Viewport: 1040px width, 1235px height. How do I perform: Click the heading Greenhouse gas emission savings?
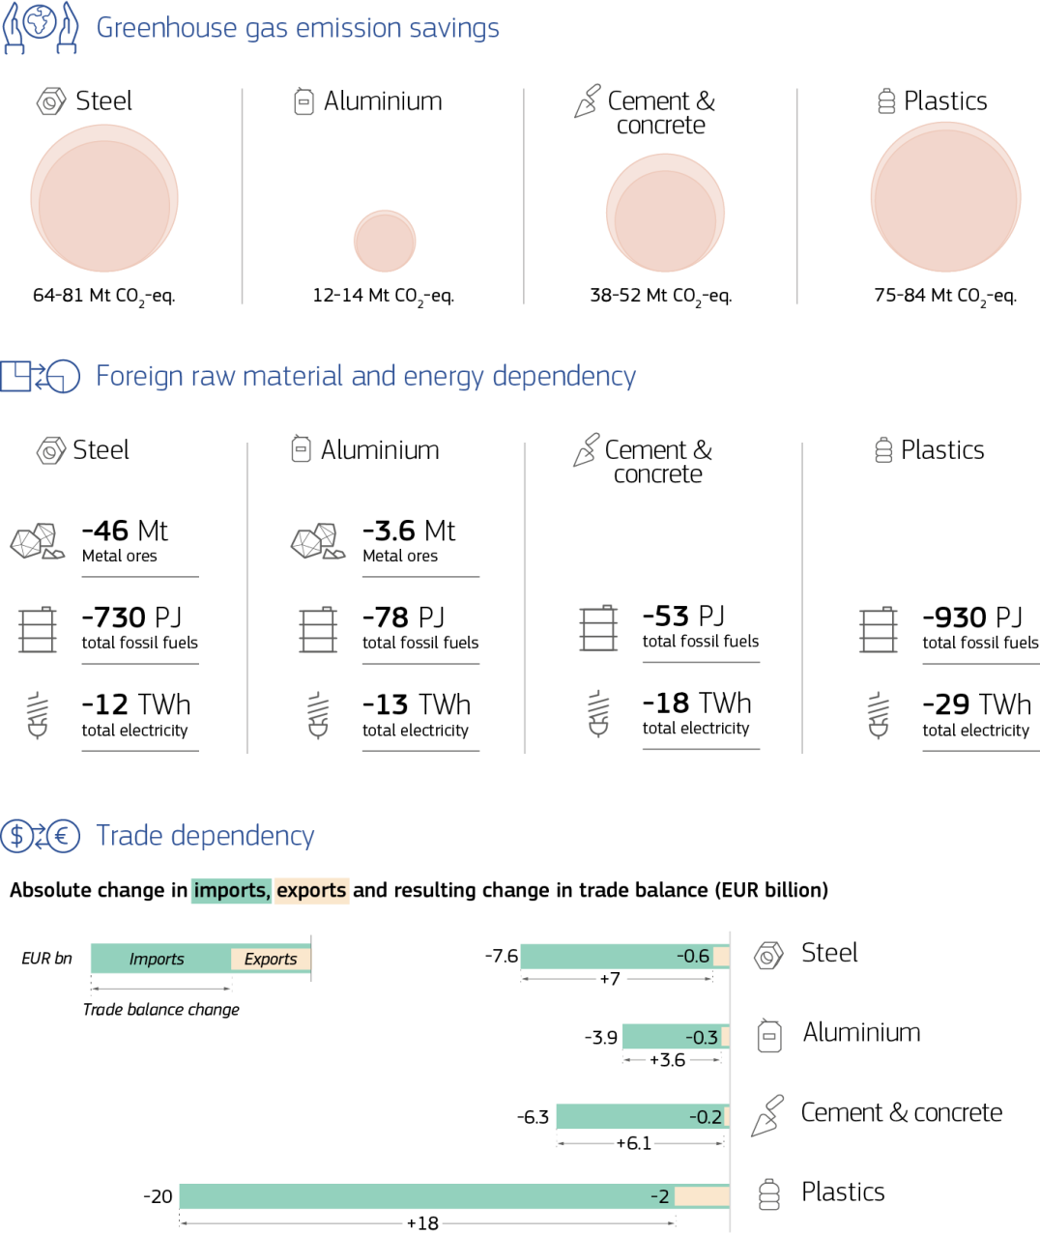click(x=298, y=28)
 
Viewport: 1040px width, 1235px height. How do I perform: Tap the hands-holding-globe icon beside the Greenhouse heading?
click(x=40, y=28)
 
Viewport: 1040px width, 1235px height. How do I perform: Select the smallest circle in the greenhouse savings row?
click(x=385, y=241)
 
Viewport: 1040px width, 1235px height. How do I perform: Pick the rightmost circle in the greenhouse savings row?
click(x=945, y=197)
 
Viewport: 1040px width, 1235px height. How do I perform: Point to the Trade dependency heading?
click(x=205, y=836)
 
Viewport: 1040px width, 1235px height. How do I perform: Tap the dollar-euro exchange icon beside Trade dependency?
click(x=40, y=836)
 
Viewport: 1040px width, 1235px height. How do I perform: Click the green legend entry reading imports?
click(x=232, y=890)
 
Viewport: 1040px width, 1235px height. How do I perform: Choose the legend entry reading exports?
click(x=311, y=890)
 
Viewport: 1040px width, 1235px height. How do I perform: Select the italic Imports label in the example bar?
click(x=157, y=959)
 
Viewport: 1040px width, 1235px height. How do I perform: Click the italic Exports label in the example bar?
click(x=271, y=959)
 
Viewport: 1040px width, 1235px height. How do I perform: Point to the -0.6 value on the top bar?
click(x=693, y=956)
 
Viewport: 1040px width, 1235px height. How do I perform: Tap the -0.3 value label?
click(x=702, y=1037)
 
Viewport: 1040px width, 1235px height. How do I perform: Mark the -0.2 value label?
click(x=706, y=1117)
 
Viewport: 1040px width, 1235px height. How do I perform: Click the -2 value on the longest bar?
click(x=660, y=1196)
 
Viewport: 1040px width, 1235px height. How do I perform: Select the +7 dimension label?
click(x=610, y=980)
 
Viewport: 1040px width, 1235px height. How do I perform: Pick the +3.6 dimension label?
click(x=667, y=1060)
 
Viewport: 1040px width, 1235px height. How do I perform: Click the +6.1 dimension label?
click(x=634, y=1144)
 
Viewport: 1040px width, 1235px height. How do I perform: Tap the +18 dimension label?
click(x=422, y=1224)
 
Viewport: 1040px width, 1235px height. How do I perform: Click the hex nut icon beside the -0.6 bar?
click(x=768, y=956)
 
